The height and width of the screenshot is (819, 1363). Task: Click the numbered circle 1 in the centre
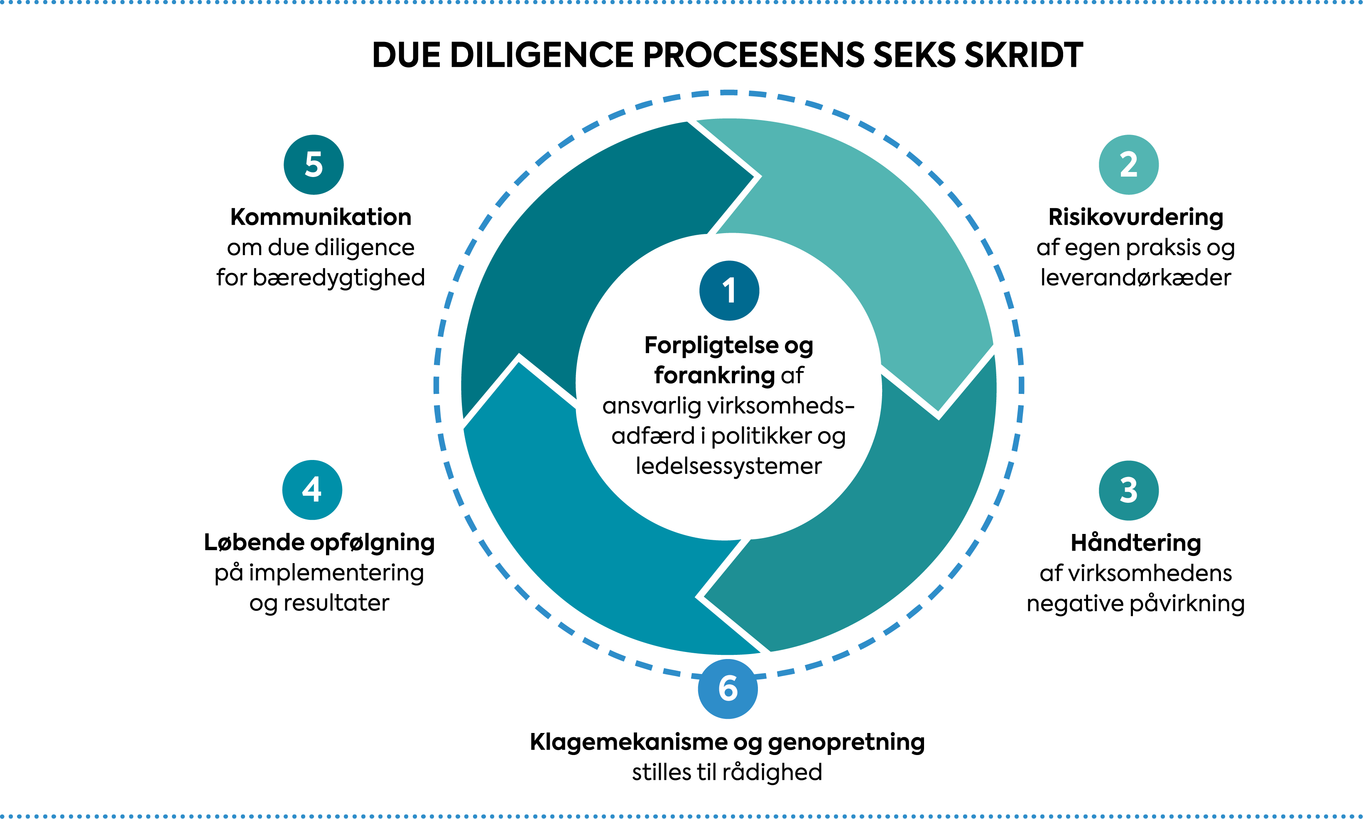(x=729, y=290)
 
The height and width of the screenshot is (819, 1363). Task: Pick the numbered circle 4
(x=312, y=489)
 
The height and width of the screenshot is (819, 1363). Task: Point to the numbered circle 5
(x=313, y=165)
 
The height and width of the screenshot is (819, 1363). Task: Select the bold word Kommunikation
(x=321, y=217)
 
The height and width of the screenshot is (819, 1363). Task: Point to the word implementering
(x=336, y=573)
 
